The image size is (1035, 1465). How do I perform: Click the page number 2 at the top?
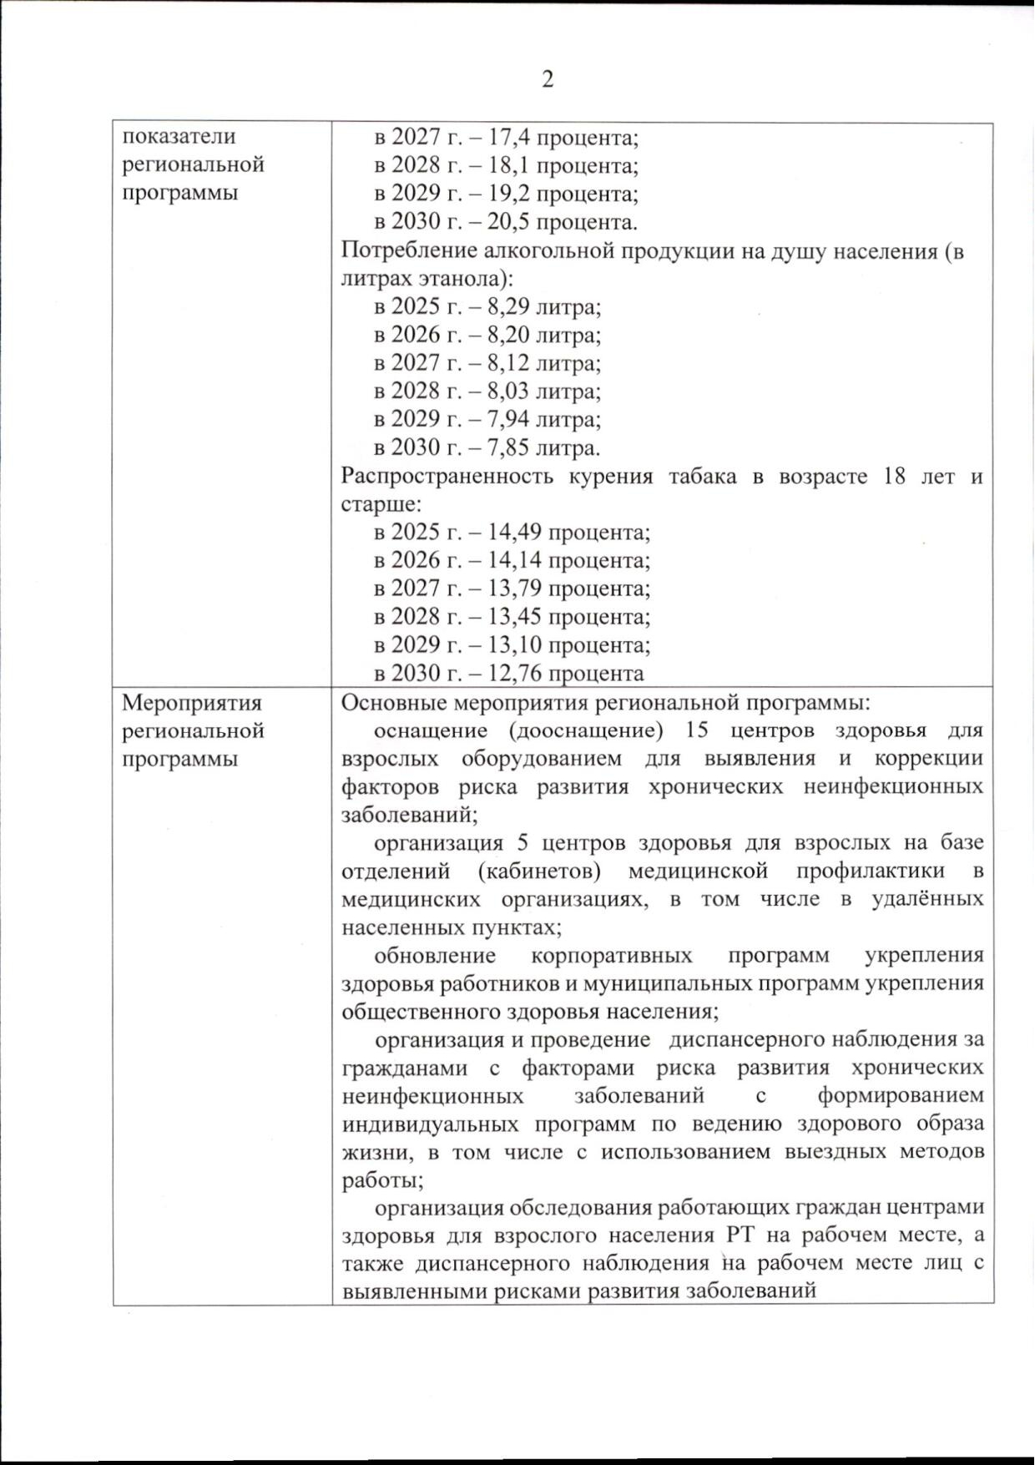[548, 80]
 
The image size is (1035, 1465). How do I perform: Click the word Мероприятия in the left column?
[192, 702]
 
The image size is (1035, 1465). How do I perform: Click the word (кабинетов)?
[540, 871]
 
